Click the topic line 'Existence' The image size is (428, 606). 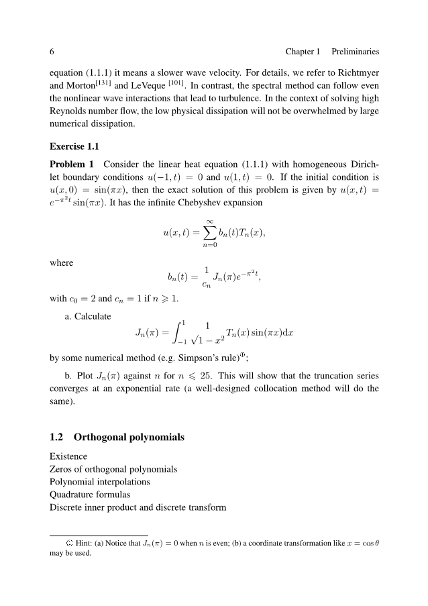[x=68, y=456]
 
